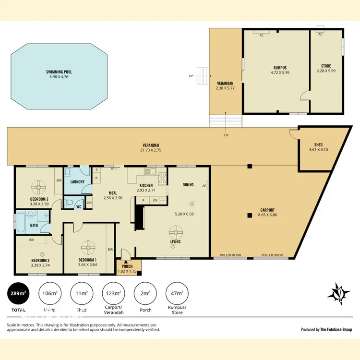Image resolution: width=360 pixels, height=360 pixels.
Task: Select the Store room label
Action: pyautogui.click(x=326, y=66)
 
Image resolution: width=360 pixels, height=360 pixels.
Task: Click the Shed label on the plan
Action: pyautogui.click(x=318, y=144)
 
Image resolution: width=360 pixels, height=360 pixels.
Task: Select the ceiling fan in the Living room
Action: pyautogui.click(x=175, y=233)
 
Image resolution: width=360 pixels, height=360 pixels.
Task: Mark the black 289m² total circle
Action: pyautogui.click(x=18, y=293)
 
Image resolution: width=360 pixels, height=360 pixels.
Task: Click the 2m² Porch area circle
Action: pyautogui.click(x=146, y=293)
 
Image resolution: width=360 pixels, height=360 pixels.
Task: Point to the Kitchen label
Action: pyautogui.click(x=146, y=185)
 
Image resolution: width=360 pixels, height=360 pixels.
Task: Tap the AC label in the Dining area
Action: pyautogui.click(x=204, y=186)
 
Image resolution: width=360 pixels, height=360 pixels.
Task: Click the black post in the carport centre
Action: pyautogui.click(x=249, y=216)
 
